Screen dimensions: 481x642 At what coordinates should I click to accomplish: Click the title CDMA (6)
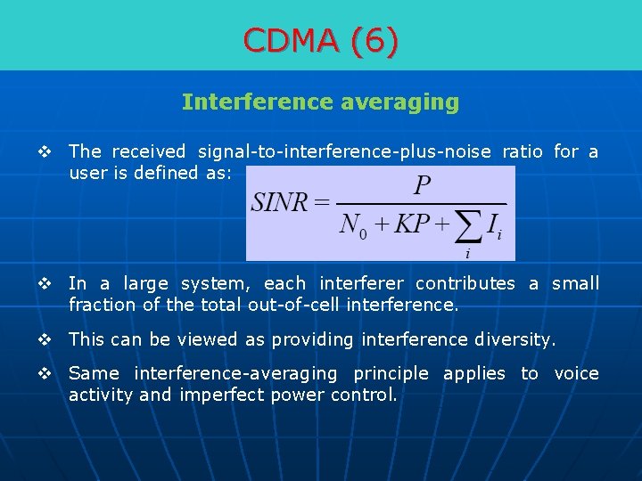coord(321,40)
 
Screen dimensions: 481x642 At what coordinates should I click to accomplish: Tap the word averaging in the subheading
coord(400,102)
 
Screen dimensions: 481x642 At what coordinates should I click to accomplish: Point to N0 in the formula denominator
coord(354,224)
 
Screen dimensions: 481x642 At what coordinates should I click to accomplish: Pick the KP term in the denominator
coord(411,223)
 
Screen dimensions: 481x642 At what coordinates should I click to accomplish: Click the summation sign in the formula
coord(469,227)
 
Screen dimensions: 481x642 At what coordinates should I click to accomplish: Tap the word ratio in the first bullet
coord(522,151)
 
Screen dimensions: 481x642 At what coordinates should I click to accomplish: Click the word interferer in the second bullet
coord(360,283)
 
